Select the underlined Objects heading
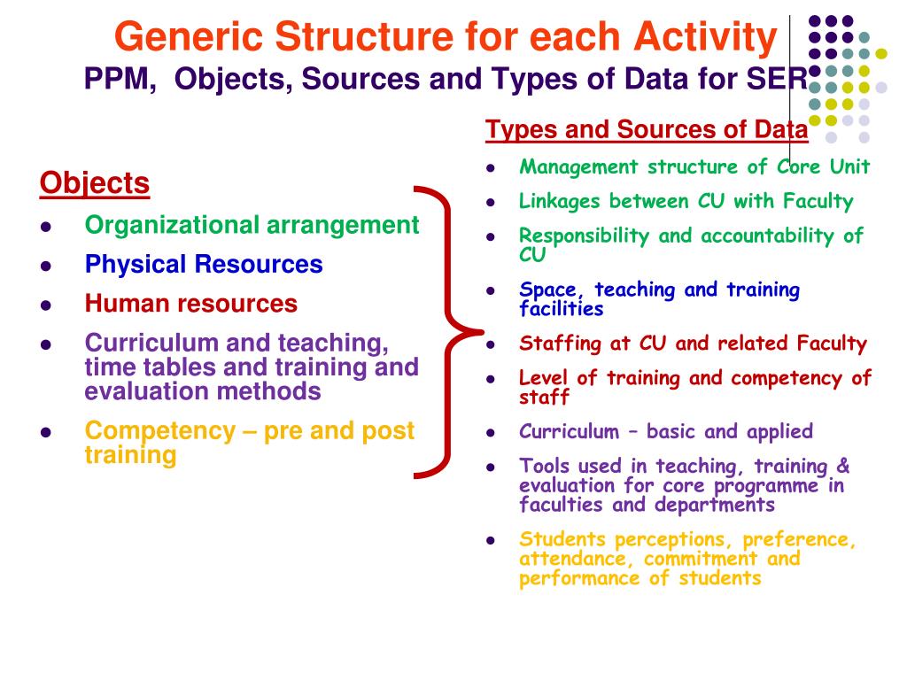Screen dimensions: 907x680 click(x=95, y=183)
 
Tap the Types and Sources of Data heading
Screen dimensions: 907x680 click(x=647, y=130)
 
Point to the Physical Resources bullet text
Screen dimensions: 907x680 click(x=204, y=264)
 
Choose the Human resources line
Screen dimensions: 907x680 click(x=191, y=304)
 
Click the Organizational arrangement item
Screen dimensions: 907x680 click(x=252, y=225)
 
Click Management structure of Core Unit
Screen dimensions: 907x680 click(x=694, y=166)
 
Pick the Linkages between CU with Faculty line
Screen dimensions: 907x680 click(x=686, y=201)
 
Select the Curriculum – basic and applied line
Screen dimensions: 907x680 click(x=665, y=432)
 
